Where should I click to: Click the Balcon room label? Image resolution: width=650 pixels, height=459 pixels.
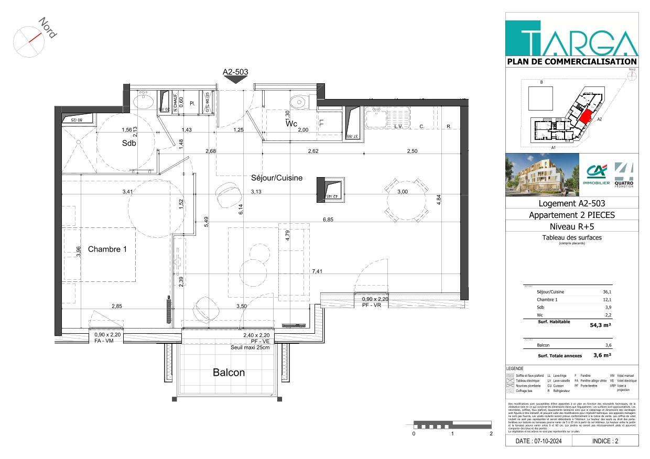(229, 373)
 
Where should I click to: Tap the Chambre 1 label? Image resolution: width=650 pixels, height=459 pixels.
(107, 249)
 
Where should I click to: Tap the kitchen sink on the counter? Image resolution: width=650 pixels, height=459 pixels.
(387, 117)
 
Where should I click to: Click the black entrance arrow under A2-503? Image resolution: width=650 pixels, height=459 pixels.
(235, 80)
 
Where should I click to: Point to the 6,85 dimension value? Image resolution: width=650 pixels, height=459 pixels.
(328, 220)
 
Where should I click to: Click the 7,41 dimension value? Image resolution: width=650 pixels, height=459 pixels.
(318, 271)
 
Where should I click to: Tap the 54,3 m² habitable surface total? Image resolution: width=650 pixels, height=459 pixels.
(600, 325)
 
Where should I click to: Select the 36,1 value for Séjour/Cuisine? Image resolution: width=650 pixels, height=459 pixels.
(607, 292)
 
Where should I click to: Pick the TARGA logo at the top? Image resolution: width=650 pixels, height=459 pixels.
(572, 36)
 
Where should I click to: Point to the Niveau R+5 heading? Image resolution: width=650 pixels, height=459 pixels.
(571, 226)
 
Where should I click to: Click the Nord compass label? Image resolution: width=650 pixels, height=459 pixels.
(47, 27)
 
